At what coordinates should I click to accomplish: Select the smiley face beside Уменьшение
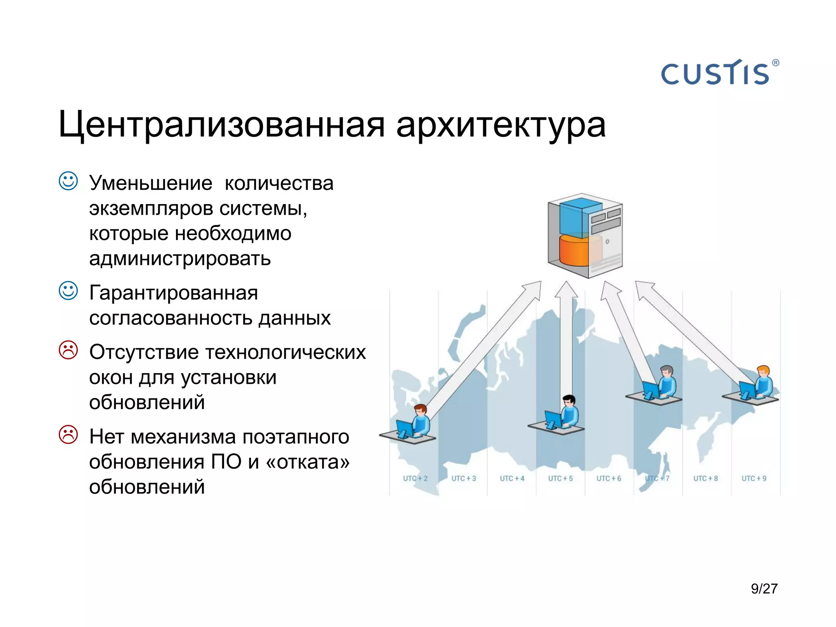click(x=68, y=181)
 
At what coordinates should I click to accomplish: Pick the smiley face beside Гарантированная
click(x=68, y=291)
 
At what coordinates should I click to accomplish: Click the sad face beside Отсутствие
click(x=68, y=350)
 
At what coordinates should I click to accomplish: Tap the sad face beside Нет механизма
click(x=68, y=435)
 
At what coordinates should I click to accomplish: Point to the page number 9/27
click(x=764, y=589)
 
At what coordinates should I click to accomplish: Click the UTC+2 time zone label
click(x=415, y=478)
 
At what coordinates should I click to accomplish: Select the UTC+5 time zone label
click(x=560, y=478)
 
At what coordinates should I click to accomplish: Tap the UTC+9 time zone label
click(x=754, y=478)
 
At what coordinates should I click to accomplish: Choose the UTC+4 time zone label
click(x=512, y=478)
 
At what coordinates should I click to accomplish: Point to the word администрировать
click(x=180, y=259)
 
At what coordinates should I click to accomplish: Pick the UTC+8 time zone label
click(x=705, y=478)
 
